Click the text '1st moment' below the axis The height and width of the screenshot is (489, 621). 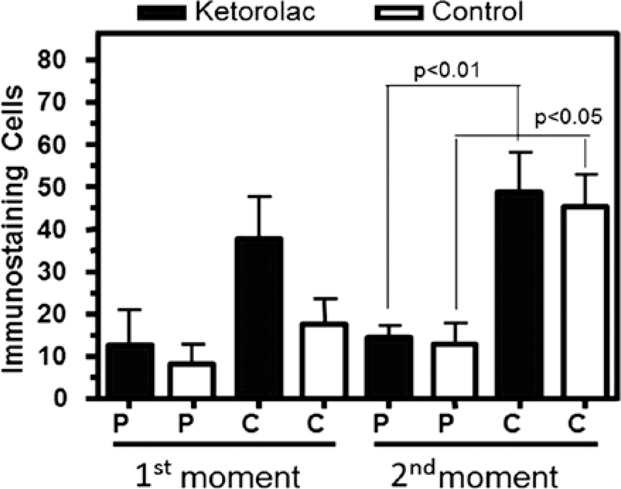(218, 474)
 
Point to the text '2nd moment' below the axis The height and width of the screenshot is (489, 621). (484, 474)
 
